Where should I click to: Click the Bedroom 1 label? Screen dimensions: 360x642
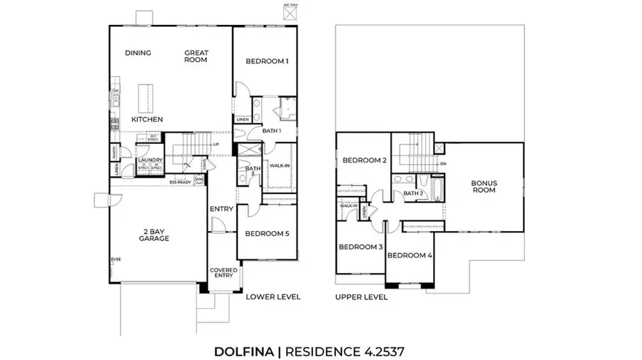pos(267,61)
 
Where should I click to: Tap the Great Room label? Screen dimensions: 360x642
pos(195,56)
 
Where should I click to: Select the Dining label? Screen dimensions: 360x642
pos(137,53)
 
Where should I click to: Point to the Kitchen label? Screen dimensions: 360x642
pos(147,119)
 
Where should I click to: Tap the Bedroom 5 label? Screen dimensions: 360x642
pos(267,233)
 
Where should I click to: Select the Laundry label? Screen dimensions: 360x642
pos(151,160)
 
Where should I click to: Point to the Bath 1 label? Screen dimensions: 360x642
pos(272,131)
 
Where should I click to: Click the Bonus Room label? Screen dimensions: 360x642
pos(484,187)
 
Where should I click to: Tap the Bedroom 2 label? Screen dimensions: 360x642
pos(365,160)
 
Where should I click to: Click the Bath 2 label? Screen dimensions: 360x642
pos(414,193)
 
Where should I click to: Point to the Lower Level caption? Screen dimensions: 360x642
pos(272,297)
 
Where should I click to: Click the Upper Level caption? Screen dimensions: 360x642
pos(361,297)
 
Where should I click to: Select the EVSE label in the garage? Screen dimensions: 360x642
pos(115,259)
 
